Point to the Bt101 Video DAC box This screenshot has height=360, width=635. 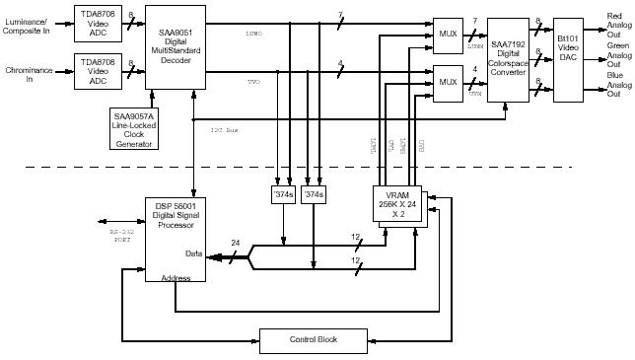point(568,60)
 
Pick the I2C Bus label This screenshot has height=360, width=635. point(226,130)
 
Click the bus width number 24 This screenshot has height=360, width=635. point(235,244)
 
